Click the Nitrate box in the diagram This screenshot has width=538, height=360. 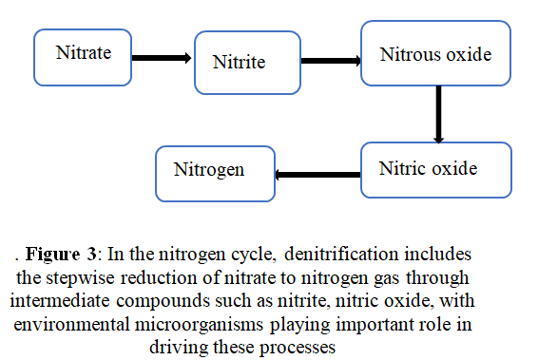(x=83, y=55)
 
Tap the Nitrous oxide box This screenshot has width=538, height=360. (x=436, y=54)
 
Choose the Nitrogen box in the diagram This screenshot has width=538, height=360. (x=215, y=172)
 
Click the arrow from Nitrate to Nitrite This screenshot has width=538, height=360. (x=161, y=58)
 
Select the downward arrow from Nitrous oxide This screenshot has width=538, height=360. (x=439, y=114)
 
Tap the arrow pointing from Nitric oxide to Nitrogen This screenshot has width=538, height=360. (x=318, y=174)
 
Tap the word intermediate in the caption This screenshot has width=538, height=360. (x=60, y=300)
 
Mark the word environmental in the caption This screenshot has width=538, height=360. (x=79, y=323)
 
